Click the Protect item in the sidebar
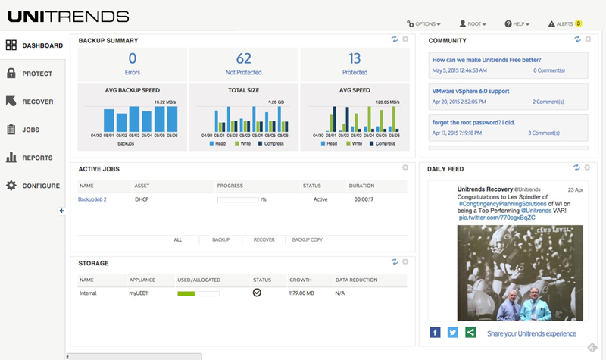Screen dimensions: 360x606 (36, 74)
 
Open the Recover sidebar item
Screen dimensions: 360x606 (37, 102)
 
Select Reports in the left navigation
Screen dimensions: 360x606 (37, 158)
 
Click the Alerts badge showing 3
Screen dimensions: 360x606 (577, 23)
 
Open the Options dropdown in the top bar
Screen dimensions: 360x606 (423, 23)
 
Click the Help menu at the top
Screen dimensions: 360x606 (517, 23)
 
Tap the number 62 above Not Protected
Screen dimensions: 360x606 (243, 58)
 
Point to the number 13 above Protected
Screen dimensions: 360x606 (355, 58)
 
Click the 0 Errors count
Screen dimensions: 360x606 (132, 58)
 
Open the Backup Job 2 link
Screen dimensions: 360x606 (92, 199)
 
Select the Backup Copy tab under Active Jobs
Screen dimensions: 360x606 (307, 239)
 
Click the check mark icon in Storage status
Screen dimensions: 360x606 (257, 292)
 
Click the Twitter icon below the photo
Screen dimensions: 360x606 (453, 332)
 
